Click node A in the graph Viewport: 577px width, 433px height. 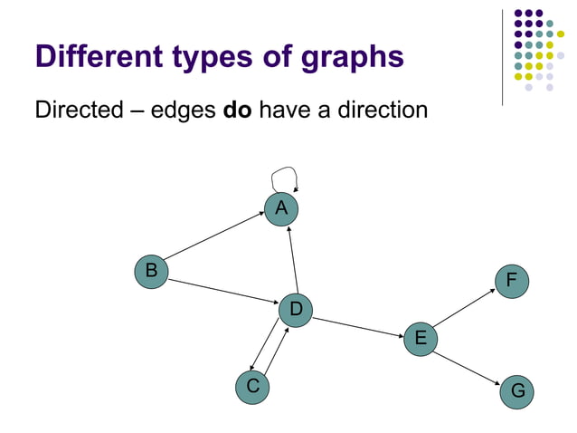click(x=281, y=208)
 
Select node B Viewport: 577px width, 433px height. click(x=152, y=271)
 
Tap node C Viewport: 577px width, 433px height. click(x=252, y=387)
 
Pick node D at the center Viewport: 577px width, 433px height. click(x=295, y=311)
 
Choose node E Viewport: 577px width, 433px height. click(x=421, y=339)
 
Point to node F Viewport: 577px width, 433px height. click(x=512, y=280)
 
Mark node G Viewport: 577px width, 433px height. click(x=517, y=390)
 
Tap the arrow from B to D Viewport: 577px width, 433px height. click(x=222, y=292)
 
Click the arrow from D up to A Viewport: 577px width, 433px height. click(x=291, y=259)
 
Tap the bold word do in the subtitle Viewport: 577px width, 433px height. click(x=238, y=111)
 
